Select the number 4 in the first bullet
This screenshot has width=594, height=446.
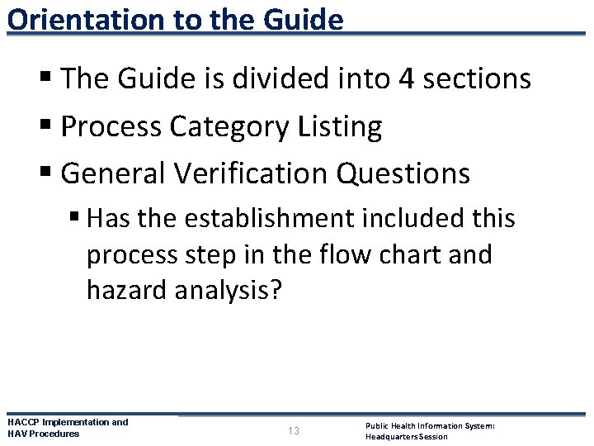click(x=406, y=78)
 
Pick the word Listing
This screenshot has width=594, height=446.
click(x=341, y=126)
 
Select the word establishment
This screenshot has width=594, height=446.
click(x=260, y=219)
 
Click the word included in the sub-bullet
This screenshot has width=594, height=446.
click(x=405, y=219)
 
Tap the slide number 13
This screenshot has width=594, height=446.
click(x=295, y=431)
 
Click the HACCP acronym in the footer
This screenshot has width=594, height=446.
click(x=23, y=422)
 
